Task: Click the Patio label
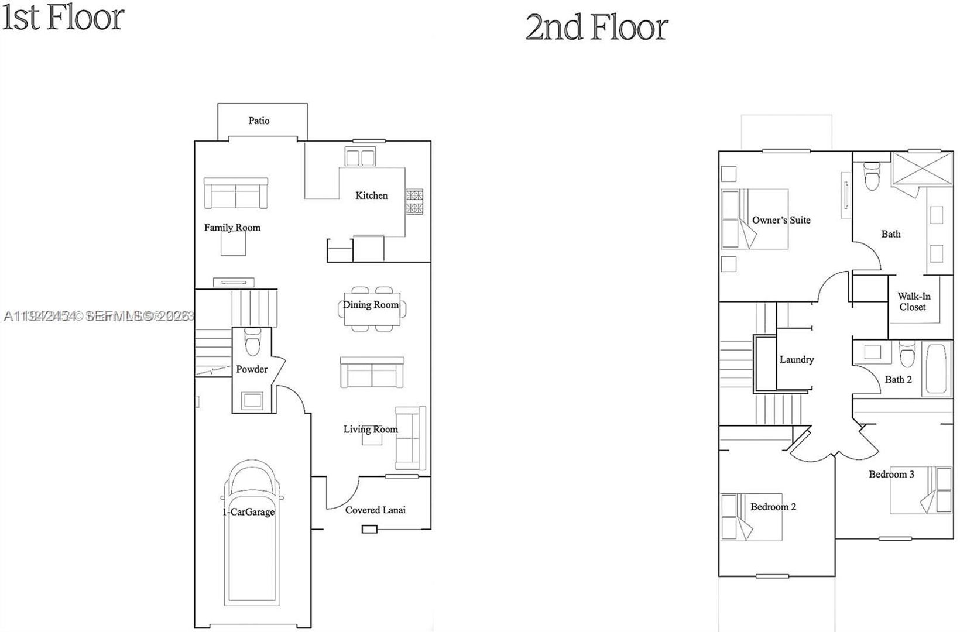pyautogui.click(x=259, y=121)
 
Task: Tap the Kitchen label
pyautogui.click(x=371, y=195)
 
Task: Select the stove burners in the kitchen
pyautogui.click(x=414, y=202)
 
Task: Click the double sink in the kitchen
pyautogui.click(x=359, y=157)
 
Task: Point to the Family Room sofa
pyautogui.click(x=235, y=193)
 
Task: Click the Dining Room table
pyautogui.click(x=371, y=308)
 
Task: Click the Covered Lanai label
pyautogui.click(x=375, y=510)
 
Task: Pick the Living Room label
pyautogui.click(x=370, y=430)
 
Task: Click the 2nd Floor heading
pyautogui.click(x=596, y=28)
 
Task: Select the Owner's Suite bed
pyautogui.click(x=755, y=219)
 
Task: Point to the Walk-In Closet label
pyautogui.click(x=913, y=301)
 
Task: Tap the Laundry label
pyautogui.click(x=796, y=360)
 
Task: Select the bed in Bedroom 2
pyautogui.click(x=752, y=517)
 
